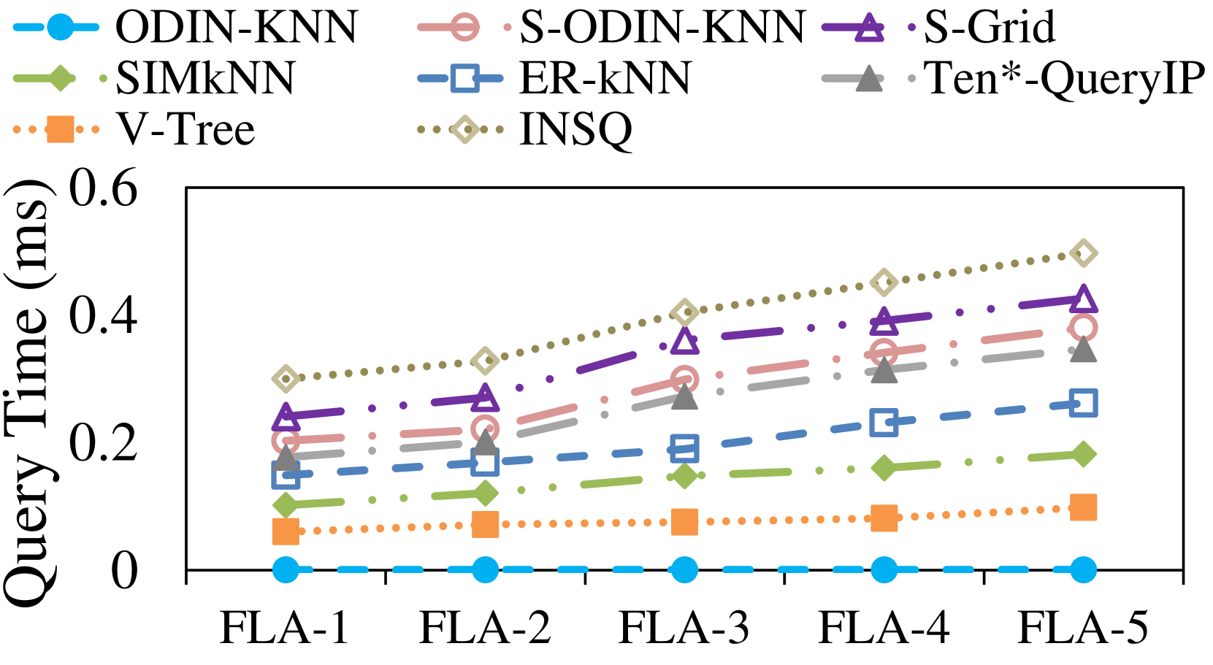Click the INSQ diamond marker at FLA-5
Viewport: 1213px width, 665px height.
[1083, 253]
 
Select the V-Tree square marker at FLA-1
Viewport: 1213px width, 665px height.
[286, 531]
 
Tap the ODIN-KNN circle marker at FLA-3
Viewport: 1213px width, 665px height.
[684, 569]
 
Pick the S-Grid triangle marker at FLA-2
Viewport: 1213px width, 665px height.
[485, 399]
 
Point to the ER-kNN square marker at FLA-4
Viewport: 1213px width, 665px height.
[884, 423]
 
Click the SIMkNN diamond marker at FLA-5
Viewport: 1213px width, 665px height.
[1083, 454]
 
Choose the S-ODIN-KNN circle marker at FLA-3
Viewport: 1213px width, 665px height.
[684, 379]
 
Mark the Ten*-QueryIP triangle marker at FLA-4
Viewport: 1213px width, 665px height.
[884, 371]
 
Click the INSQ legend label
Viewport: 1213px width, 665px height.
[575, 130]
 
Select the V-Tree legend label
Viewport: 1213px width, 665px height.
[185, 130]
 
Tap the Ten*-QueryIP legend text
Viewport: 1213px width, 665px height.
[1064, 78]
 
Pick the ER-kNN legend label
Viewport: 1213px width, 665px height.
[605, 78]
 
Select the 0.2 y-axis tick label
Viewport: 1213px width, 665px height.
[103, 442]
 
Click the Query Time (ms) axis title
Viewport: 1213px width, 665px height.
[28, 394]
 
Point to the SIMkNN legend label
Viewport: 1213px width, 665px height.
[205, 78]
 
